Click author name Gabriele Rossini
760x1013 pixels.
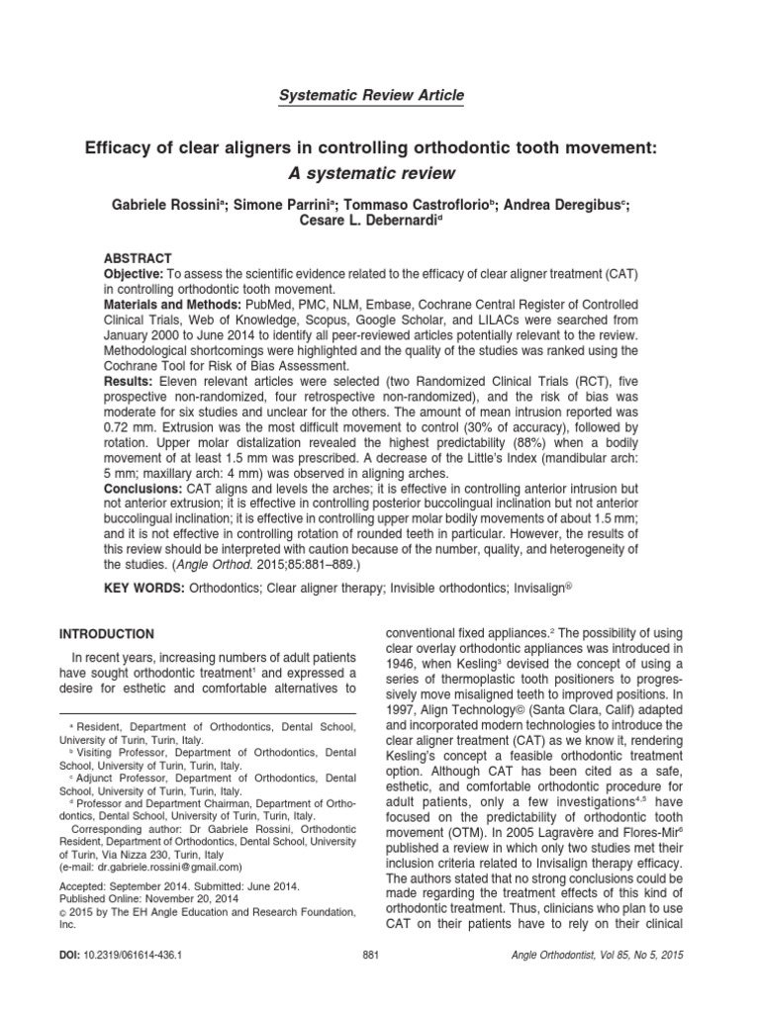[x=181, y=205]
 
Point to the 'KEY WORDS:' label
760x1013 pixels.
[x=145, y=588]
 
